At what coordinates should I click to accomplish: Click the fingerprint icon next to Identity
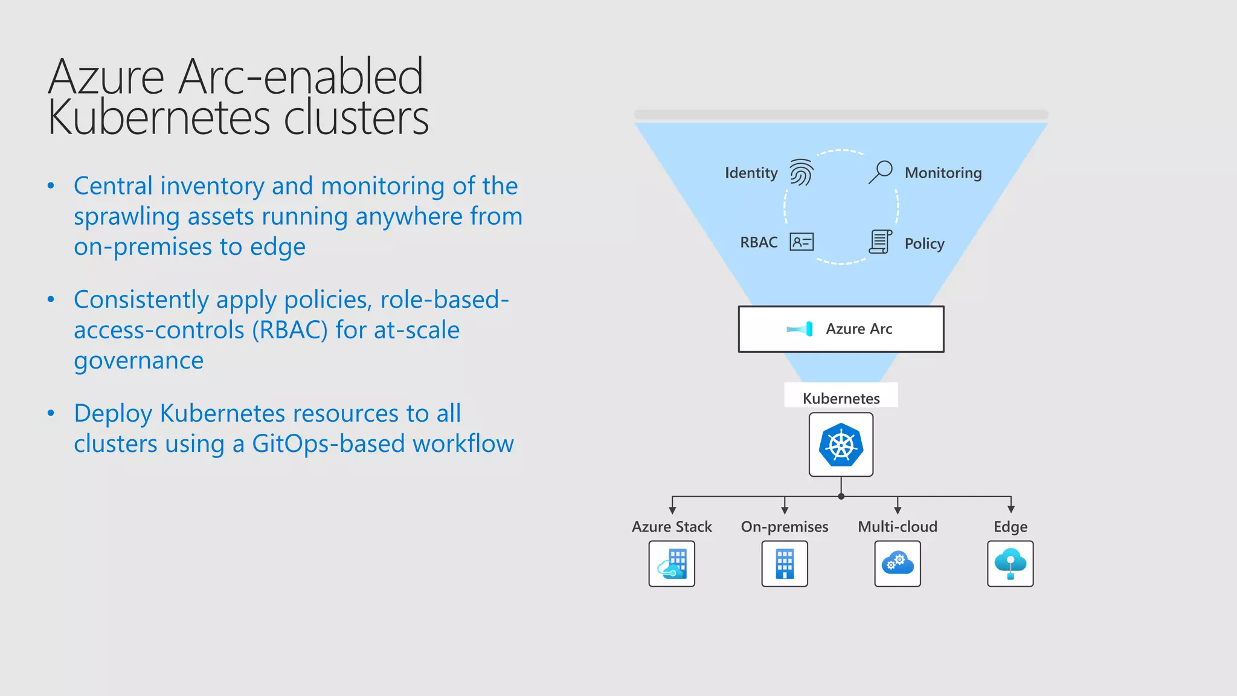tap(802, 173)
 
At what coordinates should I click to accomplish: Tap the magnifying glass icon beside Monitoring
tap(881, 172)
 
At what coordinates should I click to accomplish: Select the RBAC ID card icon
tap(802, 242)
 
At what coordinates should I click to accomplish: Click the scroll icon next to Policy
tap(880, 242)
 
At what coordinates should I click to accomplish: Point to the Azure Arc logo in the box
tap(800, 329)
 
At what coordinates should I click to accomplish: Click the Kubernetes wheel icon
tap(841, 445)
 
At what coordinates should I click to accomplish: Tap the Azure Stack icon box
tap(672, 564)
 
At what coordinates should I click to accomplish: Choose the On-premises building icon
tap(785, 564)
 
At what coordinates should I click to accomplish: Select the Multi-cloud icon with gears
tap(898, 564)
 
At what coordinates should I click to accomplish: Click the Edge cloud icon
tap(1010, 564)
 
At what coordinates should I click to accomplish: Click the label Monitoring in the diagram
tap(943, 173)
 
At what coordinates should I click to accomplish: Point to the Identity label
tap(751, 173)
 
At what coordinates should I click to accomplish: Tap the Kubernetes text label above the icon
tap(841, 398)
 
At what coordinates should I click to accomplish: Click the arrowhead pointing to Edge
tap(1010, 509)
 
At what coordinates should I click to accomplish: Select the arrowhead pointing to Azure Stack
tap(672, 510)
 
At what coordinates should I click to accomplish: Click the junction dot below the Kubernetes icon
tap(841, 496)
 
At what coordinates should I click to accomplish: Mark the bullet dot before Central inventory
tap(51, 186)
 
